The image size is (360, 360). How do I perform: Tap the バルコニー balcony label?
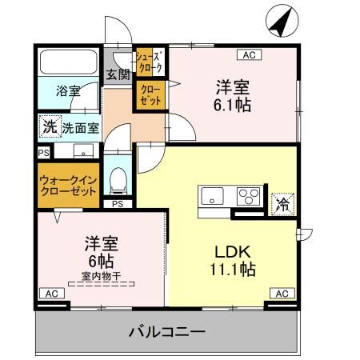click(168, 331)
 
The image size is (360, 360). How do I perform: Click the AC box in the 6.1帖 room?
click(249, 55)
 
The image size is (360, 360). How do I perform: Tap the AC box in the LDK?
click(282, 294)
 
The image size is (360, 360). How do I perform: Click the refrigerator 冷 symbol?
click(282, 204)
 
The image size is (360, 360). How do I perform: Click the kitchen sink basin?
click(214, 195)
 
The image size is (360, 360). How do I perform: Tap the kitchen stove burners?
click(248, 195)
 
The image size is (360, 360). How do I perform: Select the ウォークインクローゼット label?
click(68, 186)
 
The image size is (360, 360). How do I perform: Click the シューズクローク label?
click(149, 62)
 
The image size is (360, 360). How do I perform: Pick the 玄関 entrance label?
click(118, 75)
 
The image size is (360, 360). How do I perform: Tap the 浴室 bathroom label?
click(67, 90)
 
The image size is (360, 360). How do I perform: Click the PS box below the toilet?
click(118, 204)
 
